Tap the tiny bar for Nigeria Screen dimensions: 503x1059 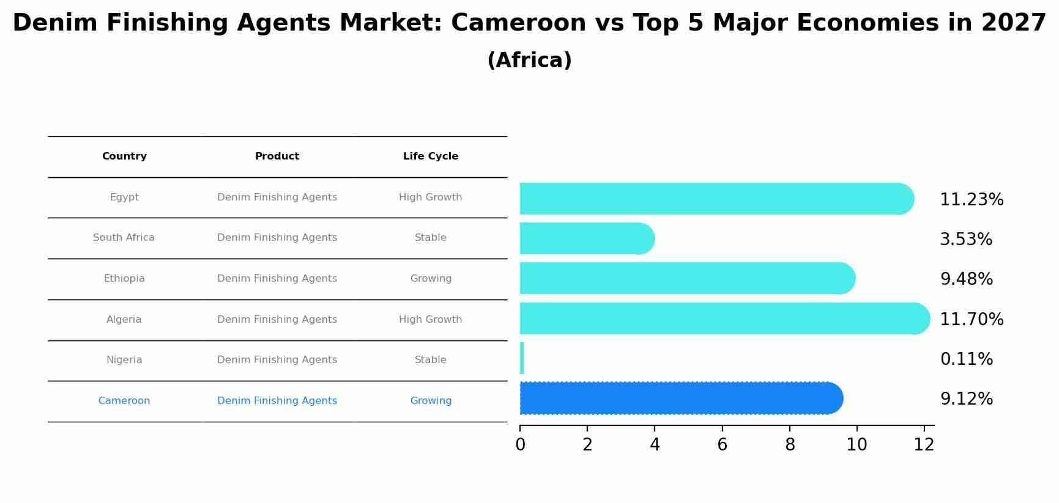[522, 358]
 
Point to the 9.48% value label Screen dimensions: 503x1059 [966, 279]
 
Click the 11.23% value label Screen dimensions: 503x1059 [972, 200]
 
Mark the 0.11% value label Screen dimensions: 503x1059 [966, 359]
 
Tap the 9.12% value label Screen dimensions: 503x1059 [966, 399]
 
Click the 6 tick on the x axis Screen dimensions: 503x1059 [722, 444]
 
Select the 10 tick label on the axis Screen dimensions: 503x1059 [856, 444]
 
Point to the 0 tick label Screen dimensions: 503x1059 [520, 444]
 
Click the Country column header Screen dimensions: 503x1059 [124, 156]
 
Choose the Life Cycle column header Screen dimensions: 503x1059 [431, 156]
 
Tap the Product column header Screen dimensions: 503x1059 [277, 156]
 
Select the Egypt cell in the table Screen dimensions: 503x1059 [124, 197]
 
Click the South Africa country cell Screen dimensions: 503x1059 [124, 238]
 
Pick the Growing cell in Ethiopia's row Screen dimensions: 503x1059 [431, 279]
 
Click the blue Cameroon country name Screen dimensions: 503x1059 [124, 401]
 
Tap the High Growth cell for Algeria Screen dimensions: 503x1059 [431, 320]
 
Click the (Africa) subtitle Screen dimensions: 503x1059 [529, 61]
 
